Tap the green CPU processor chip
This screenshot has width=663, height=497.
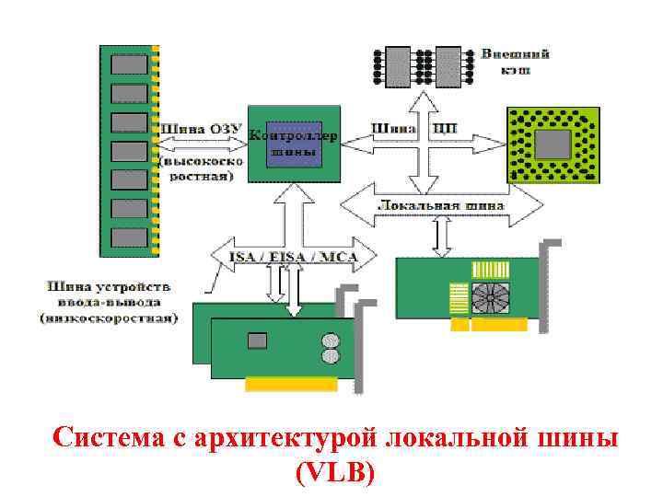[x=552, y=144]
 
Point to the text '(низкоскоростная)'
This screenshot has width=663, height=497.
[x=108, y=318]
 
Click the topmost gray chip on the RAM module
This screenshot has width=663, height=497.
[x=127, y=64]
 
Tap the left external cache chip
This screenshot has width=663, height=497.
[x=398, y=64]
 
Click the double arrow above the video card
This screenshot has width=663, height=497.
[x=441, y=239]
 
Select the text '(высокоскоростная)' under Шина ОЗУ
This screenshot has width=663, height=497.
[x=203, y=168]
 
